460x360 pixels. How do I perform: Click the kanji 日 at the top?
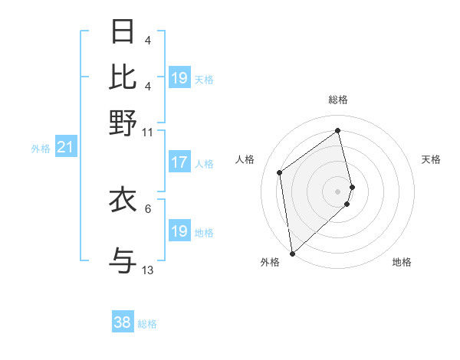click(x=123, y=31)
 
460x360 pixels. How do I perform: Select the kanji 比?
click(x=123, y=77)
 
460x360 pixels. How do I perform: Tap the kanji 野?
click(x=123, y=123)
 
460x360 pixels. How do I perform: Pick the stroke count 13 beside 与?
click(x=148, y=270)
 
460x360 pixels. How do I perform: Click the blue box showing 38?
click(x=123, y=322)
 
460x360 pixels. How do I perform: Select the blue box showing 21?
click(x=64, y=147)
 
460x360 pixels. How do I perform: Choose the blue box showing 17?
click(x=179, y=162)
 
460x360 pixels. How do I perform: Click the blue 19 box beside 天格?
click(x=179, y=77)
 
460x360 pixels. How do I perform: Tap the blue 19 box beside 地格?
click(x=179, y=231)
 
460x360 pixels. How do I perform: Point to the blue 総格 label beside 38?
click(x=147, y=324)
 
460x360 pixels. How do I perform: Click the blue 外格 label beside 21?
click(x=41, y=149)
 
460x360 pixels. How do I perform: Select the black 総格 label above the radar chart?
click(x=338, y=100)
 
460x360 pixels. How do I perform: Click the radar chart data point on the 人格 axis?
click(x=280, y=172)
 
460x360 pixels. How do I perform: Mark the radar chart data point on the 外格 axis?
click(x=292, y=253)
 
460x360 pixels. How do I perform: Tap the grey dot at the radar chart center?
click(x=338, y=190)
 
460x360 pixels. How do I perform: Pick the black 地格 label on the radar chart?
click(x=402, y=262)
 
